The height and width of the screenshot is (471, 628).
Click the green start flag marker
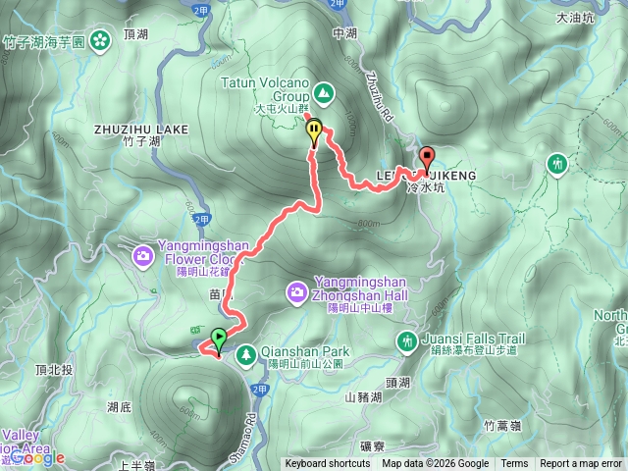point(218,340)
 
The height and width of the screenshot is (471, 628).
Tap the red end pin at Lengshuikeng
point(427,157)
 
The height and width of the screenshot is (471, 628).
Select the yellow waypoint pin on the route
point(314,130)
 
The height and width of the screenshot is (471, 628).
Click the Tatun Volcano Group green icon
point(324,93)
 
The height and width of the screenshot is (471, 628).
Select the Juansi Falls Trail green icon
point(406,340)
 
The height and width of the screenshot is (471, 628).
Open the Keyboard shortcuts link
point(328,464)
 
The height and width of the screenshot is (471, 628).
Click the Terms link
point(514,464)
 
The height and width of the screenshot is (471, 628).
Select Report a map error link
point(581,464)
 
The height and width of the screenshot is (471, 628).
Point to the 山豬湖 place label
point(365,397)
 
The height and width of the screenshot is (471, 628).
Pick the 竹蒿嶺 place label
point(504,425)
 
